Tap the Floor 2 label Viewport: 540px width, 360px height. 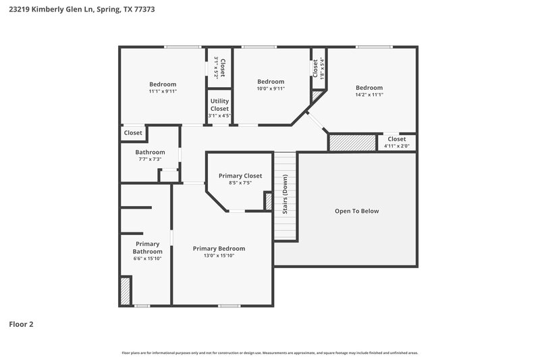point(21,324)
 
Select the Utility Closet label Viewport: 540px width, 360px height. point(219,105)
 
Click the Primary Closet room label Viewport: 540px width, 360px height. point(240,176)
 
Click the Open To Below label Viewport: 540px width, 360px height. point(356,211)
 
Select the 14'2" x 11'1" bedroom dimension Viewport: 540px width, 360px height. point(369,95)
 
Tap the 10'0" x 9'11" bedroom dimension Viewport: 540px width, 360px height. point(271,88)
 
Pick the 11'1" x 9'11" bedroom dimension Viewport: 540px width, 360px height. point(163,91)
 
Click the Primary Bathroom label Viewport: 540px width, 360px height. point(147,247)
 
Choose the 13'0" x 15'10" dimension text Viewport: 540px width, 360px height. point(219,255)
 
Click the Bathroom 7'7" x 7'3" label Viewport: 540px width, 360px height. point(150,155)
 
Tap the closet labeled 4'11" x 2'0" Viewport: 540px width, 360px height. point(396,143)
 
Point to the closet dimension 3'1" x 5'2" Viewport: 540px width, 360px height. point(216,68)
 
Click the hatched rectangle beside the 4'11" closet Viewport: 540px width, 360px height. point(352,143)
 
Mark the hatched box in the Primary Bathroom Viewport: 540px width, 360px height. point(125,291)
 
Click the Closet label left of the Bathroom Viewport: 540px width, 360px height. point(133,133)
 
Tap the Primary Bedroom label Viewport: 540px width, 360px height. point(219,248)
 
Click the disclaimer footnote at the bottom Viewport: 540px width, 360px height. point(269,353)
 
